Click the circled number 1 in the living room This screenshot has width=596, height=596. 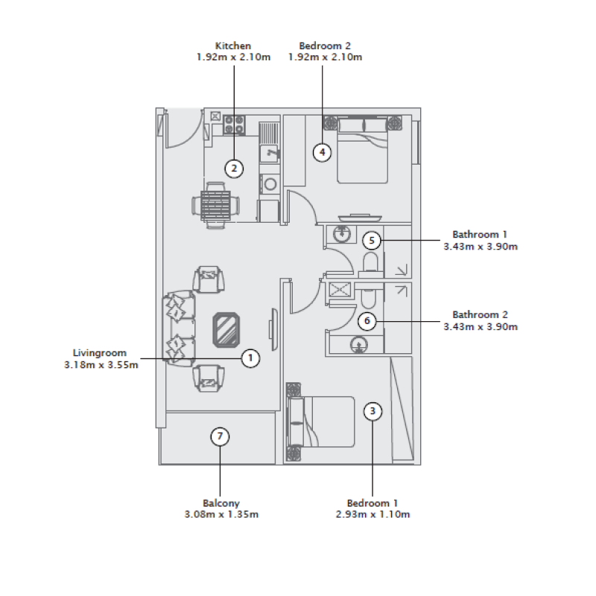[251, 358]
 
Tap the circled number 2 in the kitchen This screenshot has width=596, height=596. [234, 168]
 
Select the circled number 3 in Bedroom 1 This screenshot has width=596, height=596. [373, 410]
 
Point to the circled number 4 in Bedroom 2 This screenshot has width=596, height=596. [322, 152]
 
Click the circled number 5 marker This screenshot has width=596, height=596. [372, 241]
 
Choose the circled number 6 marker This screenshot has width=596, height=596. [366, 321]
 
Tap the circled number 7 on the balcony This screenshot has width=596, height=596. [219, 437]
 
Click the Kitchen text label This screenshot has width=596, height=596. [232, 46]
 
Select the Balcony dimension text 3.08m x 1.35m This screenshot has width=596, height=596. [221, 515]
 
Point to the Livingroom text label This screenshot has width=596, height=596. [100, 353]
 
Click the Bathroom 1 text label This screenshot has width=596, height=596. [480, 235]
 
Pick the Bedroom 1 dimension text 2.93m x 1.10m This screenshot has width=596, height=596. [372, 515]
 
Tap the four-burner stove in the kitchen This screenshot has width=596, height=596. [235, 124]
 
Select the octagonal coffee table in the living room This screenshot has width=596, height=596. [226, 329]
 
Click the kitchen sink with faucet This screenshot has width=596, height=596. [269, 153]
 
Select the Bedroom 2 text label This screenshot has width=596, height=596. [325, 46]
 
